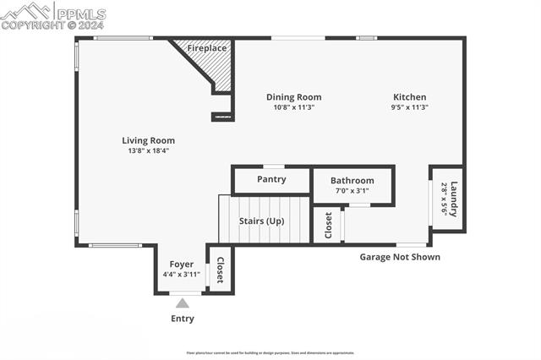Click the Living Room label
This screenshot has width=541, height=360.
(x=148, y=140)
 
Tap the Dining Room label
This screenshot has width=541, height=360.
(x=293, y=97)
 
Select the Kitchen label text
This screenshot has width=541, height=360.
(x=410, y=97)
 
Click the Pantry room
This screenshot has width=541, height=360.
(x=271, y=179)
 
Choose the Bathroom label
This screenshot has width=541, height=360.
(x=352, y=181)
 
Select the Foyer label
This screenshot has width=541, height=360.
(x=181, y=265)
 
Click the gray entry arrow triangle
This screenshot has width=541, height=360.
(x=182, y=303)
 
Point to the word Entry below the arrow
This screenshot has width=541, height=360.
(x=182, y=319)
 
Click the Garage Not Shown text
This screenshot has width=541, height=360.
(x=400, y=257)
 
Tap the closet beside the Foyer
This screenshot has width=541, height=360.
(x=220, y=270)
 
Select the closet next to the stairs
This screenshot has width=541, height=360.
(x=328, y=226)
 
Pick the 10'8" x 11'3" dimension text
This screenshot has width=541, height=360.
(x=293, y=107)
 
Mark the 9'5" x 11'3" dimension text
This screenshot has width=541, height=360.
(x=410, y=107)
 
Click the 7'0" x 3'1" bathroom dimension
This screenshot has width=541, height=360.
(x=352, y=191)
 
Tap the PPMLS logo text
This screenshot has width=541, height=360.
(x=79, y=14)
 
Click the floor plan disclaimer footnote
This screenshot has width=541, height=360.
(x=270, y=353)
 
